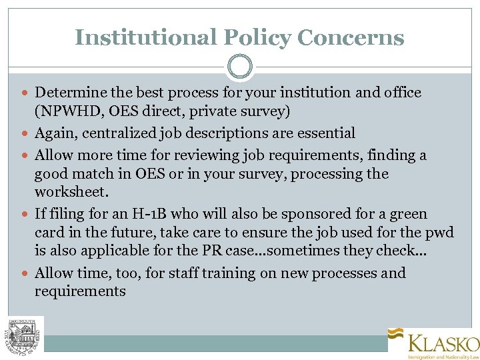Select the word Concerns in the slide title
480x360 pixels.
pos(351,37)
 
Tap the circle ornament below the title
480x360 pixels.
pos(240,67)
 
